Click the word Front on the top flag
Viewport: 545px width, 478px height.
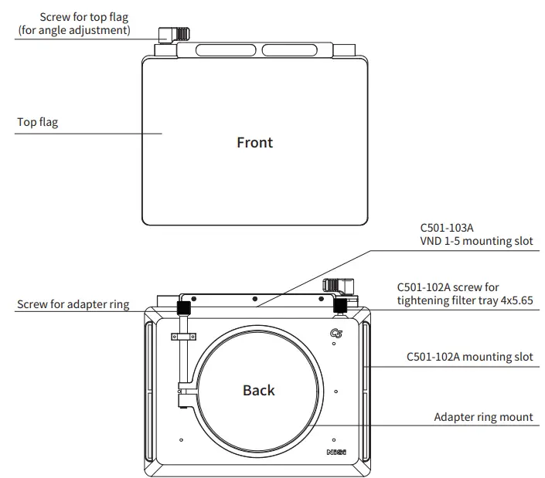[x=254, y=143]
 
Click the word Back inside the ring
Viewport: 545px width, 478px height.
[x=258, y=390]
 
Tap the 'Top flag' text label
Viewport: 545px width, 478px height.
[x=38, y=122]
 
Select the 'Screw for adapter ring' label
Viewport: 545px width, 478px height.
[x=73, y=304]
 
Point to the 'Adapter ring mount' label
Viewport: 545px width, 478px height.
[x=483, y=417]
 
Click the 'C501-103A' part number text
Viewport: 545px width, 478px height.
[x=447, y=229]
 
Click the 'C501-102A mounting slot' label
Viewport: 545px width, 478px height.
[x=470, y=357]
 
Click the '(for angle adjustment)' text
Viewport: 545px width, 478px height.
[x=73, y=31]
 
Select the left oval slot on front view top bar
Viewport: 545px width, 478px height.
[x=227, y=51]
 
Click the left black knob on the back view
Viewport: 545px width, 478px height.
[x=185, y=307]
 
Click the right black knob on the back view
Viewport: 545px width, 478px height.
[x=339, y=307]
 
